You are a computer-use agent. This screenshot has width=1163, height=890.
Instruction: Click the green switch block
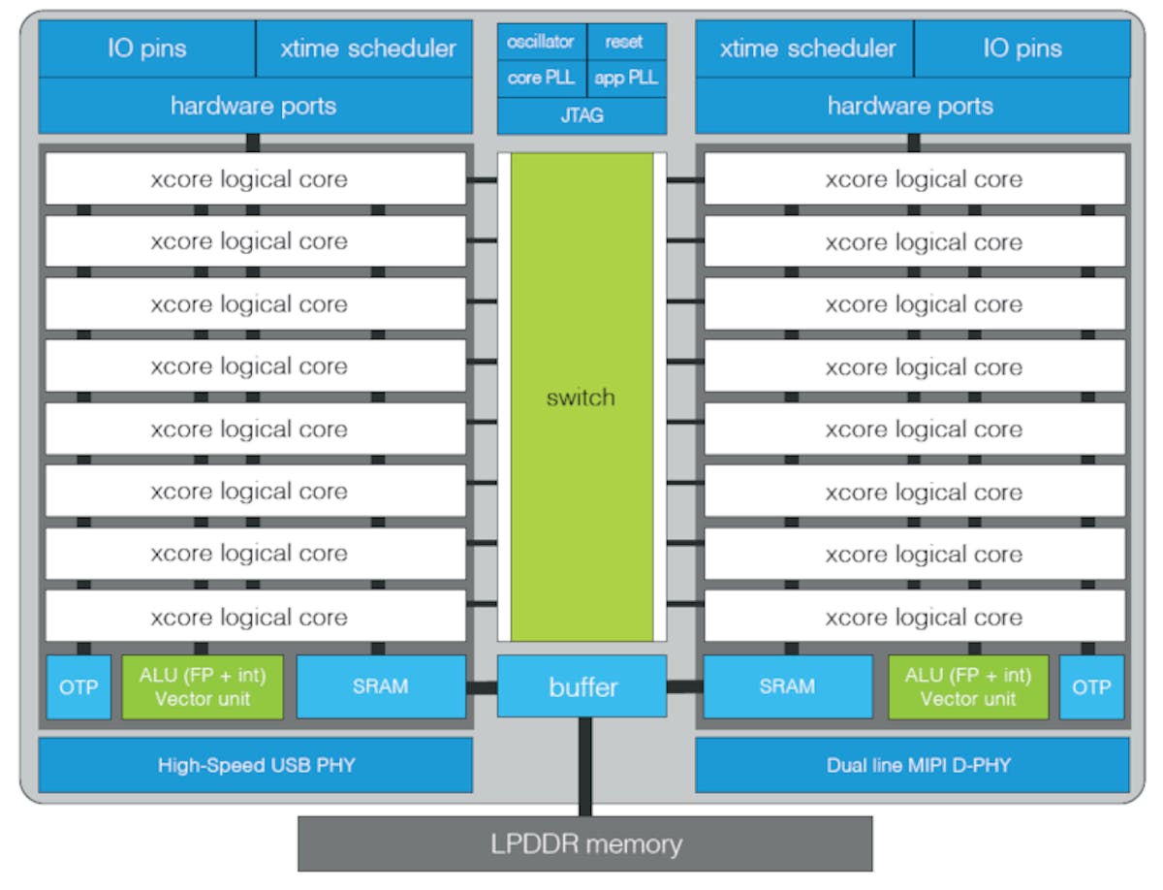pos(581,397)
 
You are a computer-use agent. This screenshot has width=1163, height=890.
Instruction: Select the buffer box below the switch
pos(582,686)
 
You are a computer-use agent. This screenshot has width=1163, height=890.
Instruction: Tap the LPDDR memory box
pos(584,843)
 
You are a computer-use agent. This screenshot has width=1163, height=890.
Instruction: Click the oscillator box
pos(541,43)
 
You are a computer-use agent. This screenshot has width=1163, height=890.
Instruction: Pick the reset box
pos(625,43)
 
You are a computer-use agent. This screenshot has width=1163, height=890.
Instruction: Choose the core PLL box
pos(541,78)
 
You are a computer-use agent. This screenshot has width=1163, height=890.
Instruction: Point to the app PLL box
pos(626,78)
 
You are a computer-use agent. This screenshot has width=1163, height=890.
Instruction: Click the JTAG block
pos(581,115)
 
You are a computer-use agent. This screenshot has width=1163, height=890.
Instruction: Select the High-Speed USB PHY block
pos(256,765)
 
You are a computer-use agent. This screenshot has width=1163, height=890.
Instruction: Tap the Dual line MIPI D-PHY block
pos(912,765)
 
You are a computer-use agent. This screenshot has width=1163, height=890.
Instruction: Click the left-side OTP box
pos(79,686)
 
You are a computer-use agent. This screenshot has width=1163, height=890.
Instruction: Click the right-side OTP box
pos(1091,686)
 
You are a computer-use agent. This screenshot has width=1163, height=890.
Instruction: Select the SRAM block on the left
pos(380,686)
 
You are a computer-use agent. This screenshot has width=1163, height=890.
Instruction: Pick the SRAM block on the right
pos(786,686)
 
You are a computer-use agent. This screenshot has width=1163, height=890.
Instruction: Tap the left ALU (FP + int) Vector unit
pos(203,686)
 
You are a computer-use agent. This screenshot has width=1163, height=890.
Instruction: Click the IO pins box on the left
pos(146,48)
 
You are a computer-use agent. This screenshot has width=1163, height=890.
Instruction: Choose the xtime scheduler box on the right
pos(806,48)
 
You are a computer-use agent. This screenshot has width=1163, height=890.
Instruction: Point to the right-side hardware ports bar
pos(912,106)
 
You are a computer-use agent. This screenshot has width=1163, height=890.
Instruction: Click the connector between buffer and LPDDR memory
pos(584,767)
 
